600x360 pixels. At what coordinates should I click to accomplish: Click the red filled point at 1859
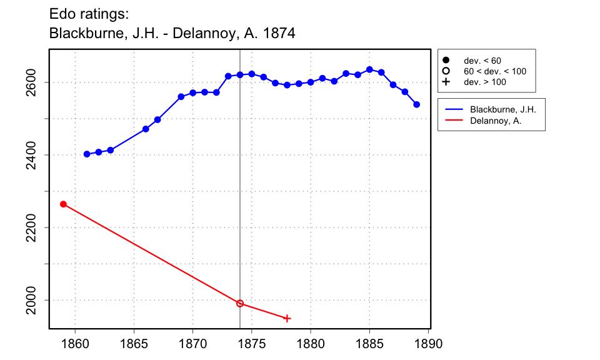63,204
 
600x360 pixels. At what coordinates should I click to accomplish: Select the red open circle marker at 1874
240,303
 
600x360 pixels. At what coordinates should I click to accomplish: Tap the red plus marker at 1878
287,318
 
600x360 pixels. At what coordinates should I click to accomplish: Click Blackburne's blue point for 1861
87,154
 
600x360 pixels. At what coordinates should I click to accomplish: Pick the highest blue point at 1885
369,69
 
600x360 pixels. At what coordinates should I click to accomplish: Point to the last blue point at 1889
417,104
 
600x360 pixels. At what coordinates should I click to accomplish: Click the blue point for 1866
146,129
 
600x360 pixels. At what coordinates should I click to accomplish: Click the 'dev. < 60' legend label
482,61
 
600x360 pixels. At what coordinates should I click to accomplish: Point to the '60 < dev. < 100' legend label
494,71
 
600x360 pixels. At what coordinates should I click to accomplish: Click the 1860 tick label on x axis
75,343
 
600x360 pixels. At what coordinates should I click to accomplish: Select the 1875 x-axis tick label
252,343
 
